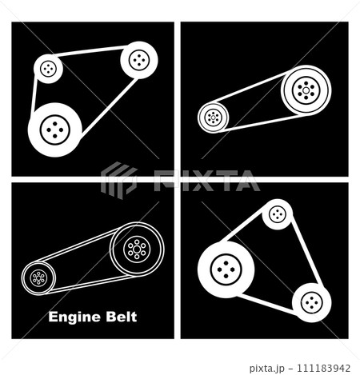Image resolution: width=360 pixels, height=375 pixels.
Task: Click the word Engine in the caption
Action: (72, 317)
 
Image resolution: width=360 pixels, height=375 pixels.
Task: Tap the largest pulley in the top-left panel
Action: (55, 128)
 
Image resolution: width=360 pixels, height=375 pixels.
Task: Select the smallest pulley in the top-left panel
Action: (49, 68)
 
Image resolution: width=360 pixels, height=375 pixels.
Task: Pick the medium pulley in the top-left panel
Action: (138, 58)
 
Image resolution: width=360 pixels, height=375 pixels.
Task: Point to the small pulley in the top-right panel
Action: (213, 118)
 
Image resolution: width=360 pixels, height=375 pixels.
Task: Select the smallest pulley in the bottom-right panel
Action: (277, 214)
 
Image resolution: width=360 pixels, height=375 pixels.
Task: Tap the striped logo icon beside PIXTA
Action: (118, 179)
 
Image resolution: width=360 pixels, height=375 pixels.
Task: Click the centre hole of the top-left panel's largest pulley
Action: (55, 128)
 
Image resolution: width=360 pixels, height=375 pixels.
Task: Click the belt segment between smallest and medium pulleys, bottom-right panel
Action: (301, 247)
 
